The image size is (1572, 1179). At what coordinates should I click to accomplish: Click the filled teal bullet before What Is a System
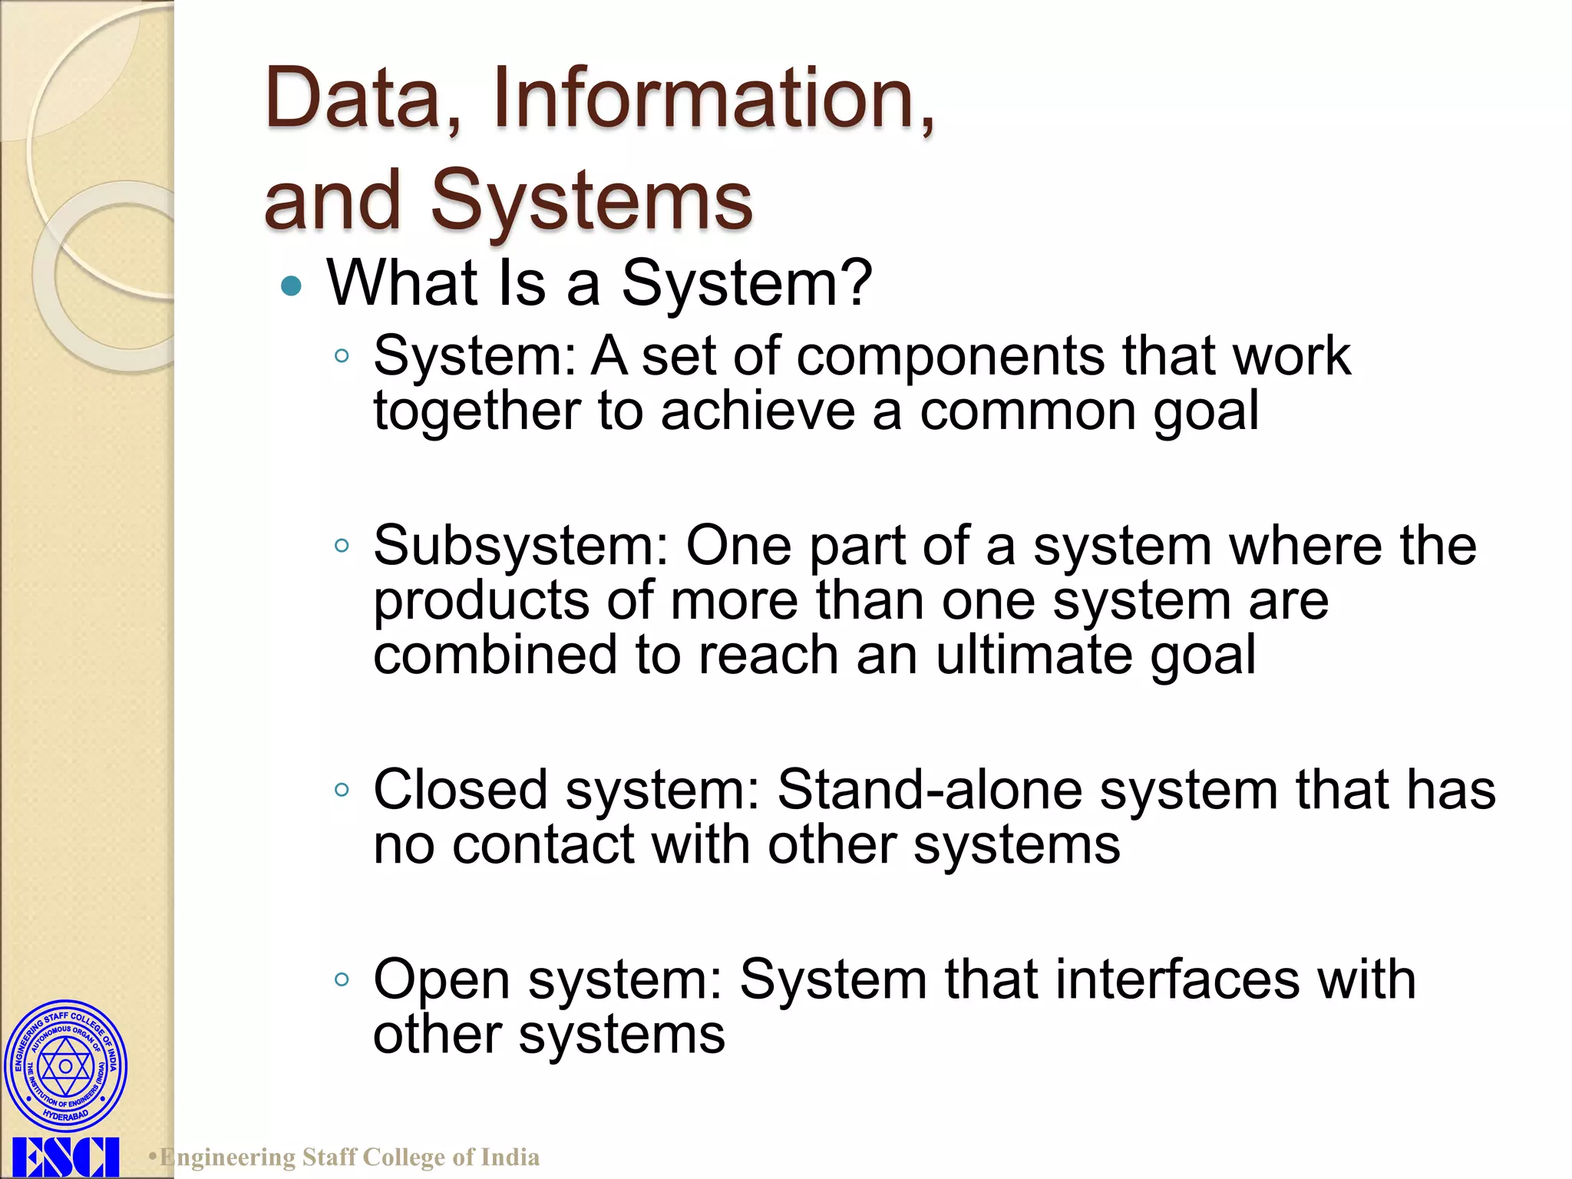coord(292,286)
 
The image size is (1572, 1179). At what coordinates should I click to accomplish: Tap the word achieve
coord(758,411)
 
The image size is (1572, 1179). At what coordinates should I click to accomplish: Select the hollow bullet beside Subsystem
coord(342,547)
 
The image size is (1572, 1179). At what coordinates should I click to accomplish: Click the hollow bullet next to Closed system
coord(342,790)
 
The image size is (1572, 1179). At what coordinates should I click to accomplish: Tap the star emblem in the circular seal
coord(65,1066)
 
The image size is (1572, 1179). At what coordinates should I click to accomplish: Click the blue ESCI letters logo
coord(65,1158)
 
